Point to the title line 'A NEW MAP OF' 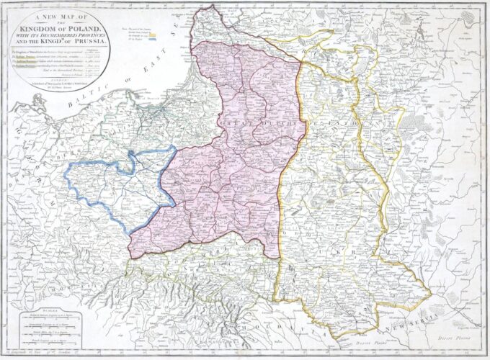coord(56,14)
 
